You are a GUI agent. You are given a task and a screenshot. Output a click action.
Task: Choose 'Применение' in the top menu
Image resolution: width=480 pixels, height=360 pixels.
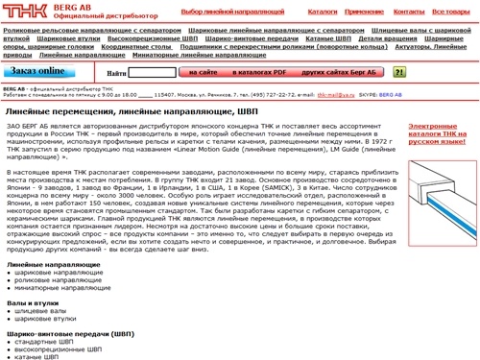coord(366,11)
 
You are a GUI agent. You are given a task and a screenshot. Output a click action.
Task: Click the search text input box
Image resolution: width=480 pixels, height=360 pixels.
coord(153,72)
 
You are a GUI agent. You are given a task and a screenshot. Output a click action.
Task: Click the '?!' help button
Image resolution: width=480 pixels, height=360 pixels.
coord(398,72)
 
